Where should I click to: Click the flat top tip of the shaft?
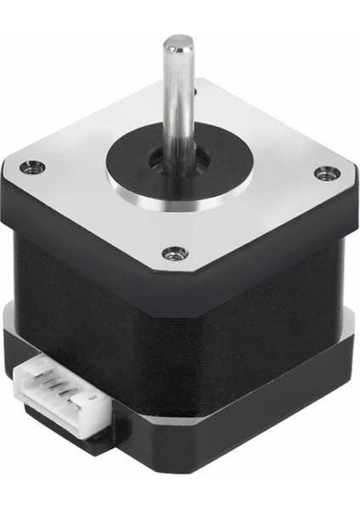click(178, 41)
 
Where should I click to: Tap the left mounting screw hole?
click(33, 166)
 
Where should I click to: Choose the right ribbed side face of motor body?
click(272, 314)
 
